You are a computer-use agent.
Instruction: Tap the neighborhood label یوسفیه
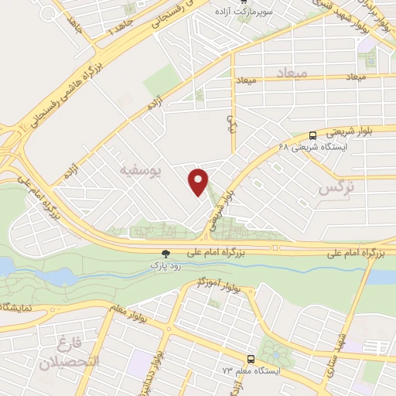[138, 166]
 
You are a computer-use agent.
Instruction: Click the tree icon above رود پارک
[165, 253]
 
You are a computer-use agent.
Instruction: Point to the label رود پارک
[165, 265]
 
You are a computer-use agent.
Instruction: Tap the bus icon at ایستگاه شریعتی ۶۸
[312, 134]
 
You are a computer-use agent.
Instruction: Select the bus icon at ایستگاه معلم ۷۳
[250, 359]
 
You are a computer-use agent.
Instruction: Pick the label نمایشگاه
[15, 307]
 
